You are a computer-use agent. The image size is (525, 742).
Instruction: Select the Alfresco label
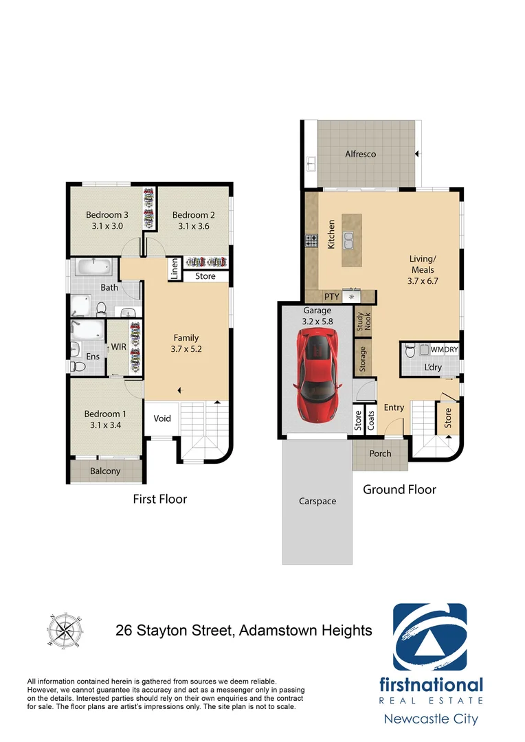(360, 154)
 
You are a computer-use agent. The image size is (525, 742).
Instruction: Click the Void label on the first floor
(162, 418)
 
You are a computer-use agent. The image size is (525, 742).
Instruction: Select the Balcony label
(105, 471)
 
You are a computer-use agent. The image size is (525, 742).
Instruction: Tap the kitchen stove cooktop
(311, 240)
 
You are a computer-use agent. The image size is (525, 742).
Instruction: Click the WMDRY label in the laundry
(444, 350)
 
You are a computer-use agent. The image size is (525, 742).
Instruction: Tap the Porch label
(380, 453)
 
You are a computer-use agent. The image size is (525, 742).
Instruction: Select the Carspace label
(318, 501)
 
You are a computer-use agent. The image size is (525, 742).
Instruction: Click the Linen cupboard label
(175, 269)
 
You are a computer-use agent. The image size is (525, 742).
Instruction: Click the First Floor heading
(159, 499)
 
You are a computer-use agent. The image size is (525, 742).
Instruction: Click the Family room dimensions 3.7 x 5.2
(186, 348)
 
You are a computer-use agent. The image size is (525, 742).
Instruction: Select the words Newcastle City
(429, 719)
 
